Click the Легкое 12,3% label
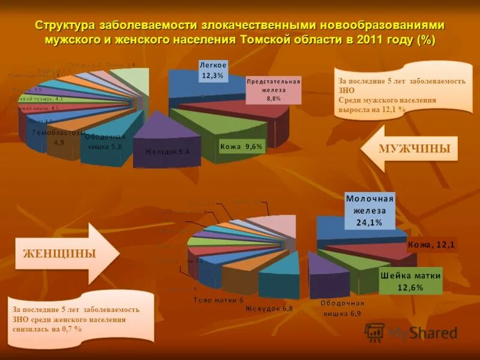[213, 70]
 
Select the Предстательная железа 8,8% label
[274, 90]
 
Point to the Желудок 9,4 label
[167, 152]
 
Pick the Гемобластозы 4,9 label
[59, 137]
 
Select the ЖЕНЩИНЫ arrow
[60, 253]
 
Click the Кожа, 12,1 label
[432, 244]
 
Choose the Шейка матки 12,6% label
[411, 281]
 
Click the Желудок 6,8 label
[269, 308]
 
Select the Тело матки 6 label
[218, 299]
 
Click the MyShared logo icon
[375, 332]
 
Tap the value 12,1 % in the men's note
[392, 110]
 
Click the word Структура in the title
[65, 25]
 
